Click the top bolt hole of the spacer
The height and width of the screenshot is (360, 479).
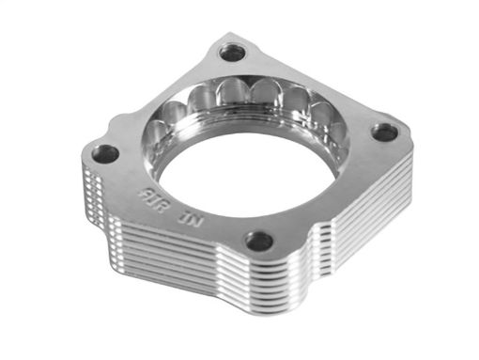231,52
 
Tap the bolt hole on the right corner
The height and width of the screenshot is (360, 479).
383,133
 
